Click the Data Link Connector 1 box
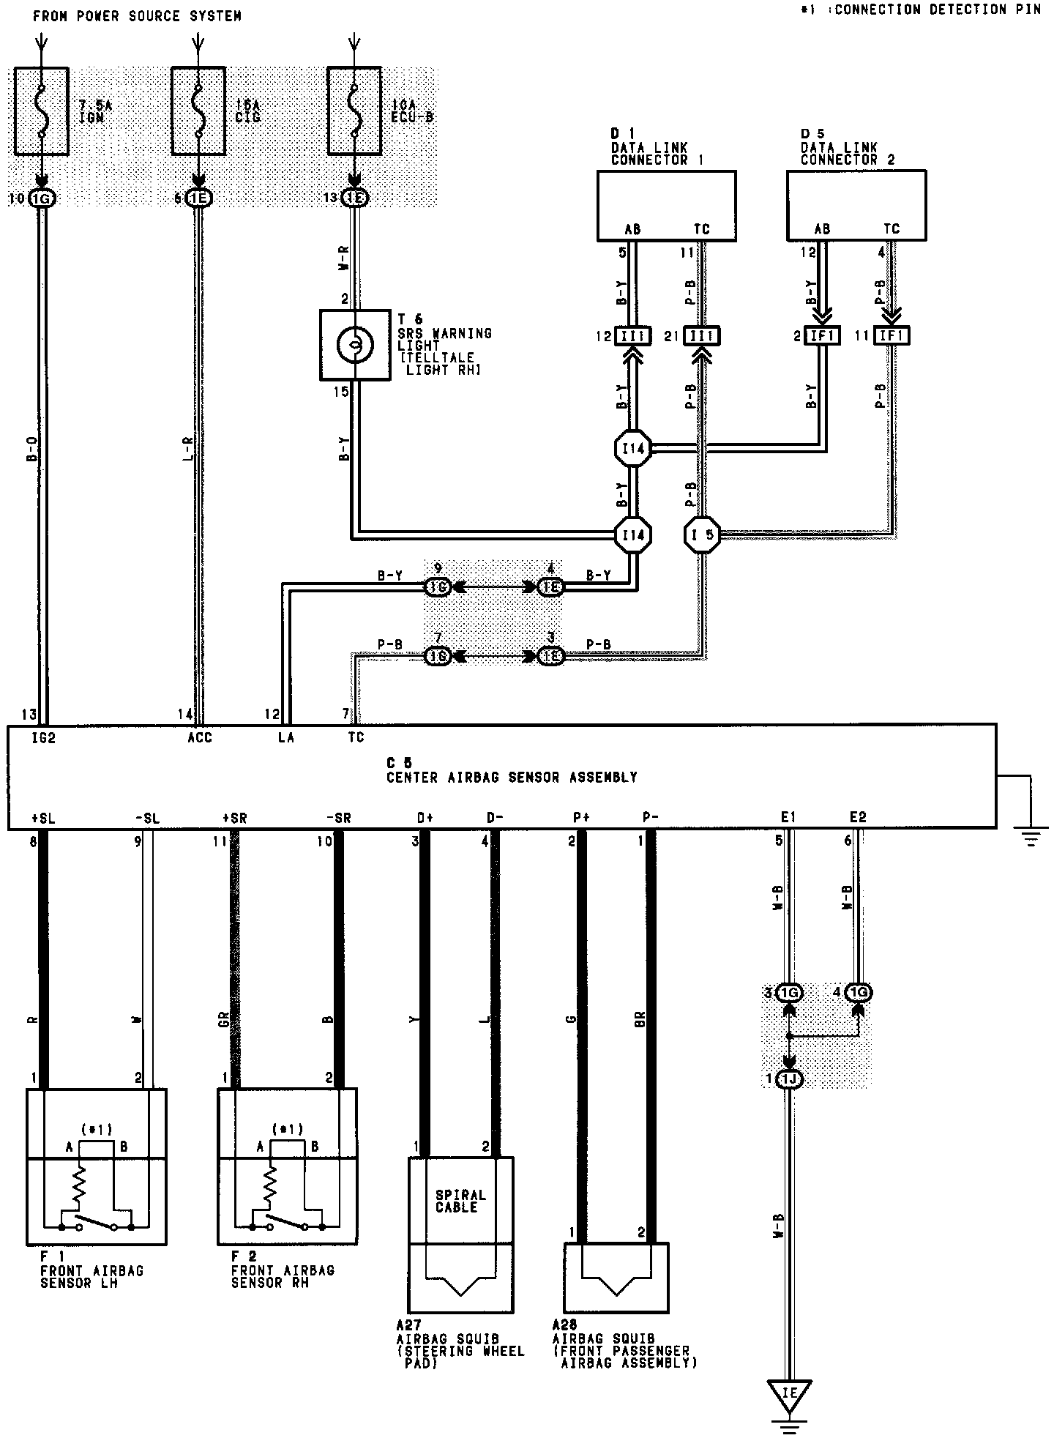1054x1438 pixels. pyautogui.click(x=666, y=205)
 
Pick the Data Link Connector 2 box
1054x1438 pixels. pyautogui.click(x=856, y=205)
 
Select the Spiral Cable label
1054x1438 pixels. pyautogui.click(x=460, y=1202)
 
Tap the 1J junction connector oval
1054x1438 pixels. pyautogui.click(x=789, y=1079)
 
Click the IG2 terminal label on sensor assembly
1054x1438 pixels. pyautogui.click(x=43, y=737)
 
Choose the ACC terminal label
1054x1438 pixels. pyautogui.click(x=199, y=737)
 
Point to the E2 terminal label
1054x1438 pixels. pyautogui.click(x=858, y=817)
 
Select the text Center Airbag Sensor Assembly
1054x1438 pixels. pyautogui.click(x=512, y=778)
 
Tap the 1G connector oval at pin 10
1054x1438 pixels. pyautogui.click(x=42, y=198)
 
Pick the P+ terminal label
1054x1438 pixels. pyautogui.click(x=581, y=818)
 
